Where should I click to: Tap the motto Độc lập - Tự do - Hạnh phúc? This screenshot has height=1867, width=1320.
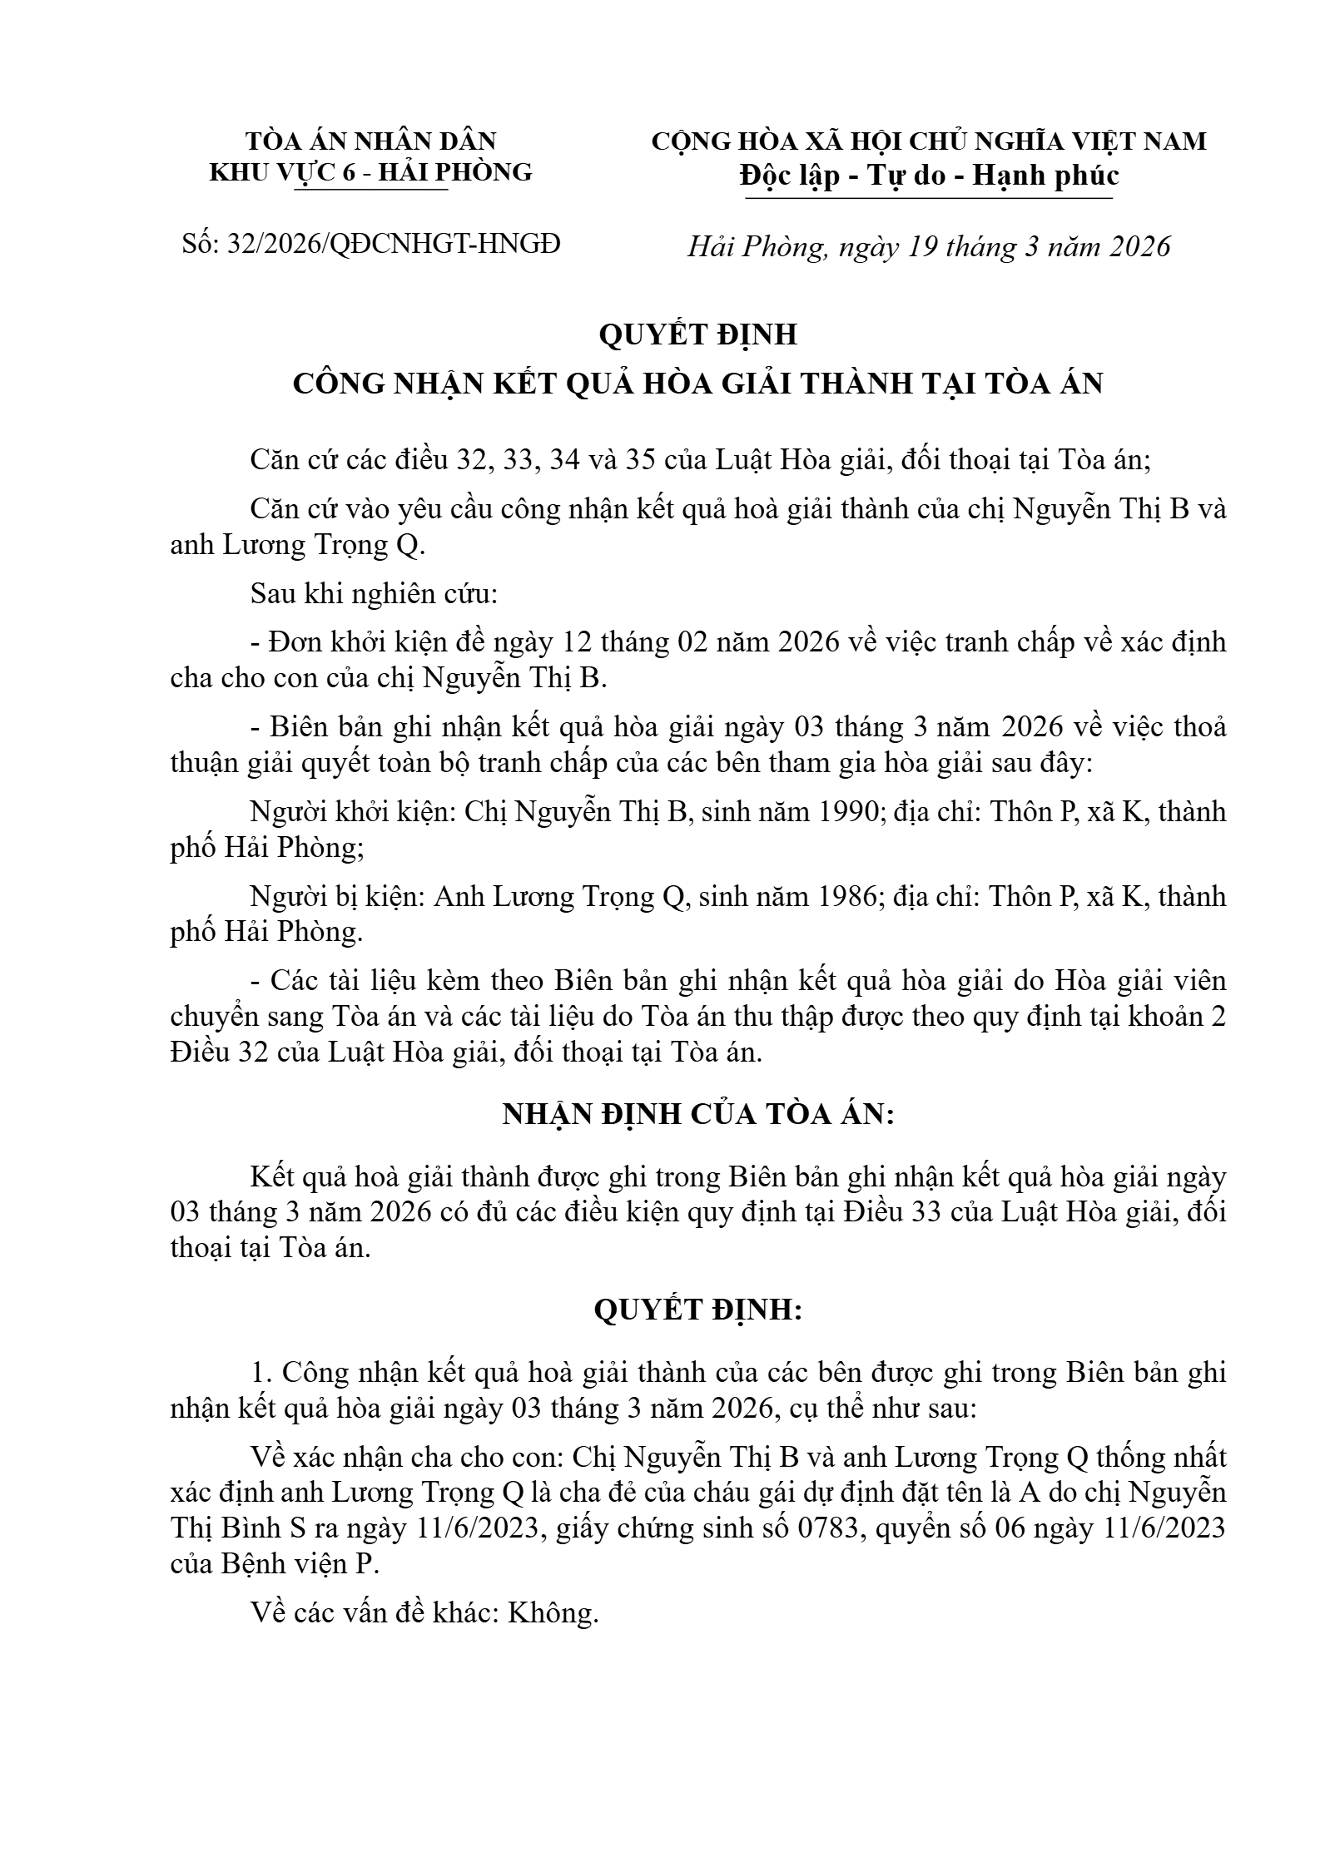[x=929, y=176]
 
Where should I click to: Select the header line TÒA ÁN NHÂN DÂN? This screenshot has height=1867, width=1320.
[x=370, y=141]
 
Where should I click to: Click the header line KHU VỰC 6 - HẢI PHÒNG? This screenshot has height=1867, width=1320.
[x=370, y=172]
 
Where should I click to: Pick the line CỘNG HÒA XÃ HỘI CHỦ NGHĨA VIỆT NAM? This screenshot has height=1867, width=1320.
[x=929, y=141]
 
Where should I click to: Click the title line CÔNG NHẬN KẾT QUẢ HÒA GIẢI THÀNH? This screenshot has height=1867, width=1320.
[x=698, y=383]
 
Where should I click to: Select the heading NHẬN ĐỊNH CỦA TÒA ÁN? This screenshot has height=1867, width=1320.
[x=698, y=1114]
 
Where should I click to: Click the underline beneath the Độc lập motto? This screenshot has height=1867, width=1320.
[x=929, y=199]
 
